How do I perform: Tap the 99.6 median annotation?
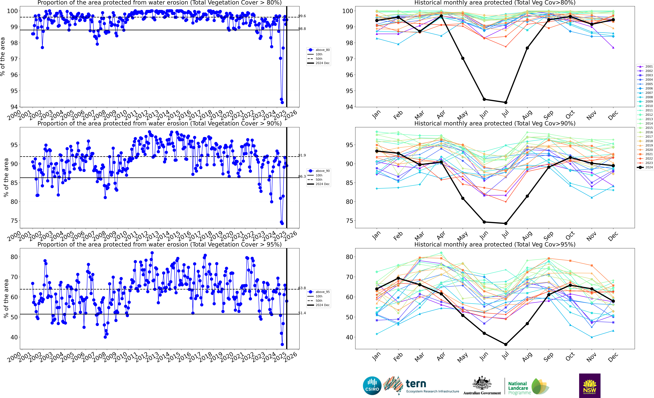point(302,16)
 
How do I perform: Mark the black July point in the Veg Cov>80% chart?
point(506,102)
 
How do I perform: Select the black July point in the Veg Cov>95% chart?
point(506,344)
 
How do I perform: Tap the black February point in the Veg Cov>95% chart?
point(398,278)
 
